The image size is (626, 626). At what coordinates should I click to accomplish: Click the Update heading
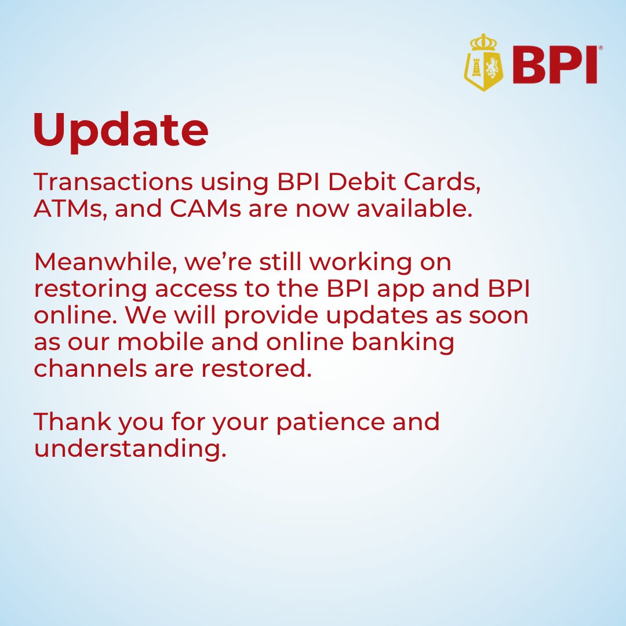pyautogui.click(x=121, y=132)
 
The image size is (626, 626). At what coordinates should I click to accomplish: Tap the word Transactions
pyautogui.click(x=114, y=182)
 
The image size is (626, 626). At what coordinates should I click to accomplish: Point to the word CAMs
pyautogui.click(x=205, y=209)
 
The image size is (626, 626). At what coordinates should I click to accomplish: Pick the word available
pyautogui.click(x=414, y=209)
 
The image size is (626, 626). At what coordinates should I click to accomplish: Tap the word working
pyautogui.click(x=360, y=263)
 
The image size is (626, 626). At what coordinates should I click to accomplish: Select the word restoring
pyautogui.click(x=90, y=289)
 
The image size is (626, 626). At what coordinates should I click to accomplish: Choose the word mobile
pyautogui.click(x=161, y=342)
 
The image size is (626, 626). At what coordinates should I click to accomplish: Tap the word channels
pyautogui.click(x=90, y=368)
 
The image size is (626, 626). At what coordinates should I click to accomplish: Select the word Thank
pyautogui.click(x=72, y=422)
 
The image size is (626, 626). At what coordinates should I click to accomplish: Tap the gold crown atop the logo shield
pyautogui.click(x=483, y=42)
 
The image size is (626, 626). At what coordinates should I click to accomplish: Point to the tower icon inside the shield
pyautogui.click(x=475, y=67)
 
